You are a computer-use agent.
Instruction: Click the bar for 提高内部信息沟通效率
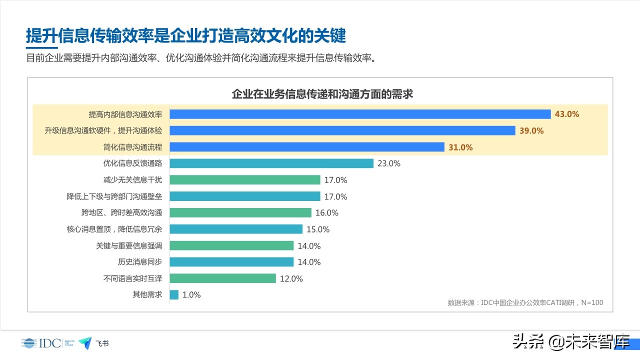tap(360, 114)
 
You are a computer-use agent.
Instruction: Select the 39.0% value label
tap(531, 130)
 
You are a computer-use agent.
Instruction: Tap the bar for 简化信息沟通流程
tap(307, 147)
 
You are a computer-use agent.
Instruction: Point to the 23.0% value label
tap(389, 163)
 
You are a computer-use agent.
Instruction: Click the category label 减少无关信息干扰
tap(132, 179)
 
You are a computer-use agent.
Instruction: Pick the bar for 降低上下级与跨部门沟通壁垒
tap(245, 196)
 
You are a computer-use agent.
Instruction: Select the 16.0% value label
tap(327, 213)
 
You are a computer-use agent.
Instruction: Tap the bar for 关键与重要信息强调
tap(231, 245)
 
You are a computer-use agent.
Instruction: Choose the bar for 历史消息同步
tap(231, 262)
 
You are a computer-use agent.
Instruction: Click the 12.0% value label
tap(291, 279)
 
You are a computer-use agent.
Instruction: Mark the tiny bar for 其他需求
tap(174, 295)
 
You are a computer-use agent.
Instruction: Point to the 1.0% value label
tap(191, 295)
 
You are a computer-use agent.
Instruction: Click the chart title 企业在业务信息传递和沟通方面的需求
tap(322, 94)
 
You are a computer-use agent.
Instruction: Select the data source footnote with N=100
tap(525, 302)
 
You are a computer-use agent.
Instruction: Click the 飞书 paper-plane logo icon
tap(85, 343)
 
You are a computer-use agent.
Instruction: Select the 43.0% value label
tap(567, 114)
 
